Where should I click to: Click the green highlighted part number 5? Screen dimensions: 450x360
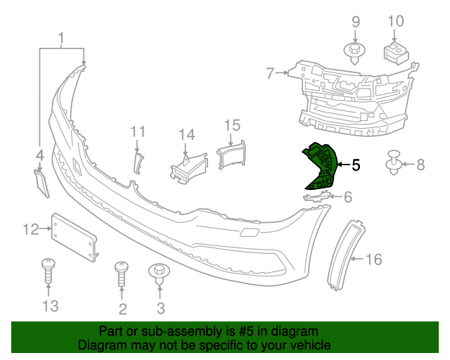click(x=320, y=167)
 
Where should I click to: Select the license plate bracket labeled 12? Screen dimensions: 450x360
click(x=73, y=235)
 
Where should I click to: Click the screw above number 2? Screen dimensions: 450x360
click(x=122, y=274)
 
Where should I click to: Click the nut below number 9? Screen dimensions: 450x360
click(x=355, y=51)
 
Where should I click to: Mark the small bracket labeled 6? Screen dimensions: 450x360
click(x=316, y=197)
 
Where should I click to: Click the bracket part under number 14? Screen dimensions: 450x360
click(x=186, y=167)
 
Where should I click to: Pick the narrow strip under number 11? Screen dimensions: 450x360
click(x=138, y=162)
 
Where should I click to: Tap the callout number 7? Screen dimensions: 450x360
click(x=270, y=72)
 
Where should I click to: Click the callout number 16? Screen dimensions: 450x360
click(x=373, y=259)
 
